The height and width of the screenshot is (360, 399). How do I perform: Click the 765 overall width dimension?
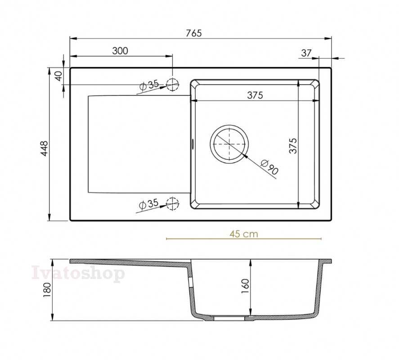coord(194,33)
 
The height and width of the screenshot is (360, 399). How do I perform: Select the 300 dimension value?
coord(120,51)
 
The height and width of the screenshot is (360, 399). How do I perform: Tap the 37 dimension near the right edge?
coord(306,53)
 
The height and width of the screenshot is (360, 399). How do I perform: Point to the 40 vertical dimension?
coord(59,76)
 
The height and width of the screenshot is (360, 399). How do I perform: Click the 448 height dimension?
coord(44,148)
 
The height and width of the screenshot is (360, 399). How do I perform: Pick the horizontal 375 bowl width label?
coord(255,95)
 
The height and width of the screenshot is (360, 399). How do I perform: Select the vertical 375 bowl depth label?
coord(293,146)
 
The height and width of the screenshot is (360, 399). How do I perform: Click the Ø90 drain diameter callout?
coord(269,167)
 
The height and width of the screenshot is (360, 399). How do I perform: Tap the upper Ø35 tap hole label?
coord(149,85)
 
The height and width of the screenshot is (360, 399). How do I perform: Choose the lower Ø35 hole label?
coord(149,204)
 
